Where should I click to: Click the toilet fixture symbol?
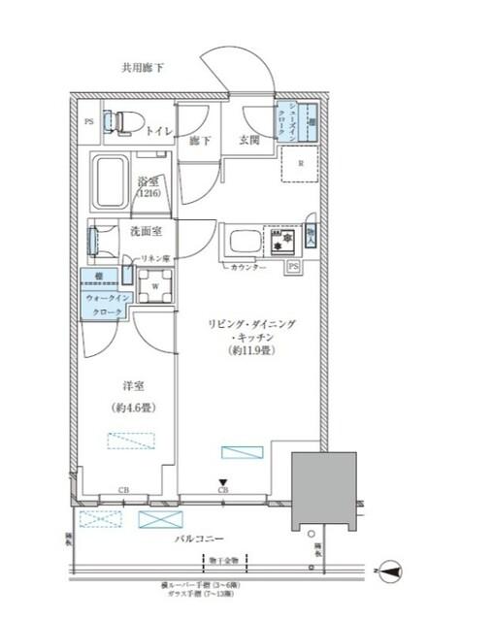(120, 121)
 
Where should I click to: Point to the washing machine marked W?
(153, 286)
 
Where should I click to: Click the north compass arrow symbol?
(388, 573)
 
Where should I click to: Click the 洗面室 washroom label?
(147, 230)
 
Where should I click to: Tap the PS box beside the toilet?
(88, 121)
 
